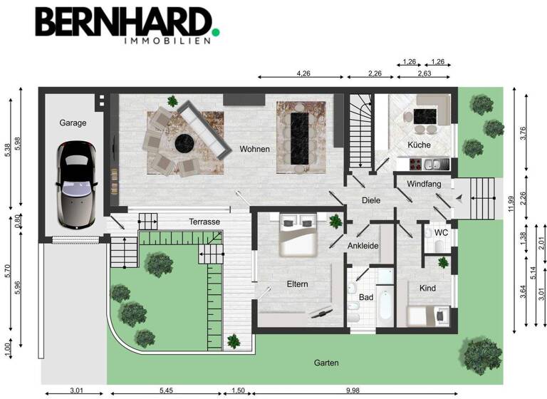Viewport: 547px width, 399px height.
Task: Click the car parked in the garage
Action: pos(74,182)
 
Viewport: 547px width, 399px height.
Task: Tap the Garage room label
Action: pos(73,123)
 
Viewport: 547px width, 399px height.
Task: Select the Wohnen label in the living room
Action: pos(254,149)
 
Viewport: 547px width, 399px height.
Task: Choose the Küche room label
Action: pos(419,145)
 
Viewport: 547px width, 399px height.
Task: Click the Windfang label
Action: pos(424,185)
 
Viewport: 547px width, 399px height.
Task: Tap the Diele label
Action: pos(371,200)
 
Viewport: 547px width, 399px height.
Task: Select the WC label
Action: pos(441,232)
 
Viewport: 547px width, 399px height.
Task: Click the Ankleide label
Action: pos(363,246)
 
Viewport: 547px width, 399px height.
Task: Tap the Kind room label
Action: pos(427,288)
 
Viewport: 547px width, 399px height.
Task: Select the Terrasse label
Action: pos(204,222)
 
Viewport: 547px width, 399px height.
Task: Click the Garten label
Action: pos(326,363)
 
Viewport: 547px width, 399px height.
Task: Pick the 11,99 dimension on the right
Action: pos(510,204)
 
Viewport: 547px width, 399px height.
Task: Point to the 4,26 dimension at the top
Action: pos(303,73)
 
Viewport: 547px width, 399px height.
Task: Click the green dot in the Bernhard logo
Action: pos(215,31)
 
